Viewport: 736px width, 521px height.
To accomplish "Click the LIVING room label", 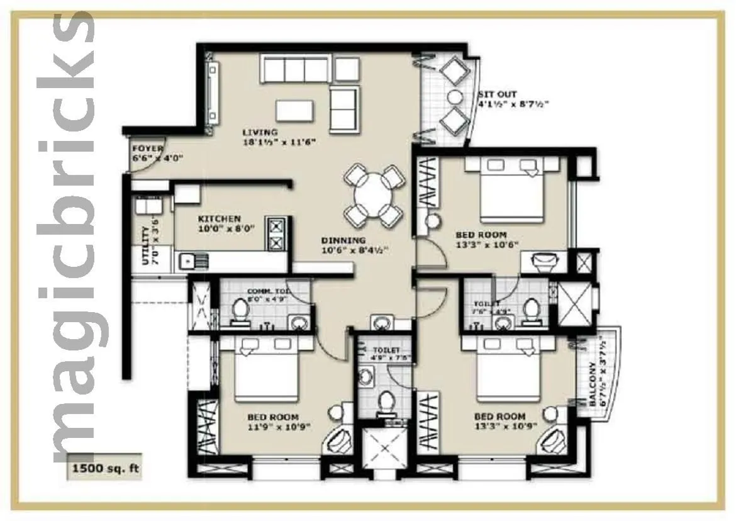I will coord(260,132).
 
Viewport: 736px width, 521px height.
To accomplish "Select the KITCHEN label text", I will coord(220,218).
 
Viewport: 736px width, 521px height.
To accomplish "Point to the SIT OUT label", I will coord(497,94).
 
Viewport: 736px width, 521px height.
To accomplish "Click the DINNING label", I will coord(343,240).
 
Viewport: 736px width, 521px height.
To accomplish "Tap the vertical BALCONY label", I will coord(593,384).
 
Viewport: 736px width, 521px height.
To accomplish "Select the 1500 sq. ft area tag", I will coord(104,468).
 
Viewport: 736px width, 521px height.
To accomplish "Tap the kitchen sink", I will coord(187,259).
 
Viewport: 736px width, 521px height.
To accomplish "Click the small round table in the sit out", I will coord(454,96).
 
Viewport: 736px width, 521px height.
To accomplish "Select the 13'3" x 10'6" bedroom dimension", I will coord(486,245).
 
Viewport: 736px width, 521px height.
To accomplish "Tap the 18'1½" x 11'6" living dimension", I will coord(279,142).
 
